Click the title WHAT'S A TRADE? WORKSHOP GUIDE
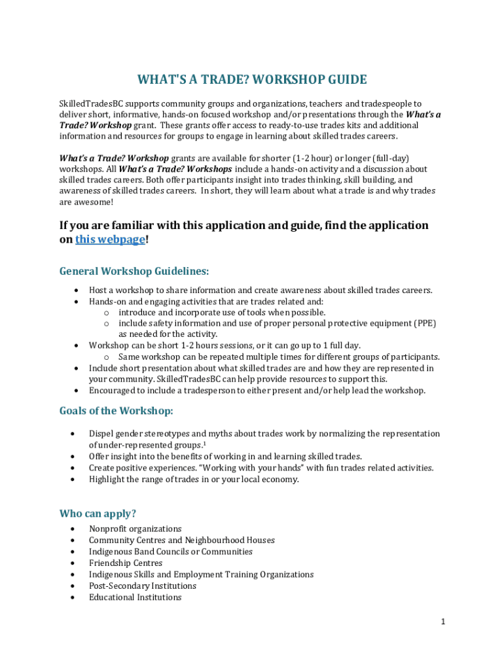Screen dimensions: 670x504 click(252, 80)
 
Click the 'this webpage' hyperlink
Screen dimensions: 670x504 click(109, 239)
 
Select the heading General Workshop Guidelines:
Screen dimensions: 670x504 click(134, 271)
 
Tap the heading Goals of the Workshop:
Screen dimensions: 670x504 click(116, 411)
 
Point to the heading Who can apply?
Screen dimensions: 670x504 click(98, 513)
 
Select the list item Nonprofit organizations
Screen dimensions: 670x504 click(135, 529)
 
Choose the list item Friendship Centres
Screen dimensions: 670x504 click(125, 563)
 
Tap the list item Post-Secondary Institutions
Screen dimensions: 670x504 click(142, 586)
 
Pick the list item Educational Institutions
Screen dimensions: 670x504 click(135, 597)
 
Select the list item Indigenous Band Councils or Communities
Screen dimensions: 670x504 click(170, 552)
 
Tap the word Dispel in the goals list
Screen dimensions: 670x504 click(102, 434)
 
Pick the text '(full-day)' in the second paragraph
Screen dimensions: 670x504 click(395, 158)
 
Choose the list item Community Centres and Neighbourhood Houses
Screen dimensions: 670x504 click(181, 540)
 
